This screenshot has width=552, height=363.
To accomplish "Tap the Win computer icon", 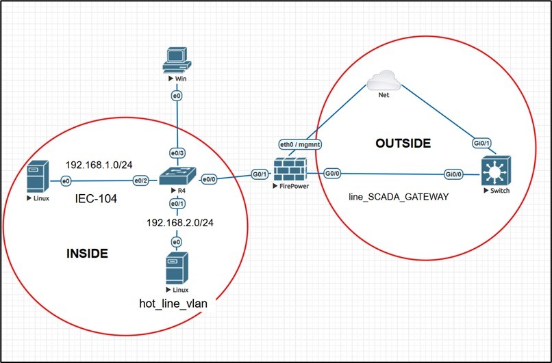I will coord(176,60).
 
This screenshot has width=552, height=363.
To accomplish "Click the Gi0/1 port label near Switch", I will coord(482,143).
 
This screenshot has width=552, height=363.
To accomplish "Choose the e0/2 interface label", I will coord(141,180).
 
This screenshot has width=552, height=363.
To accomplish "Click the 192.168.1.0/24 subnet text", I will coord(98,165).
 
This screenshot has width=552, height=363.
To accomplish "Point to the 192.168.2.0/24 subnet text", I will coord(177,223).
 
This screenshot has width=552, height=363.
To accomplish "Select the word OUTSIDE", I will coord(403,143).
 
